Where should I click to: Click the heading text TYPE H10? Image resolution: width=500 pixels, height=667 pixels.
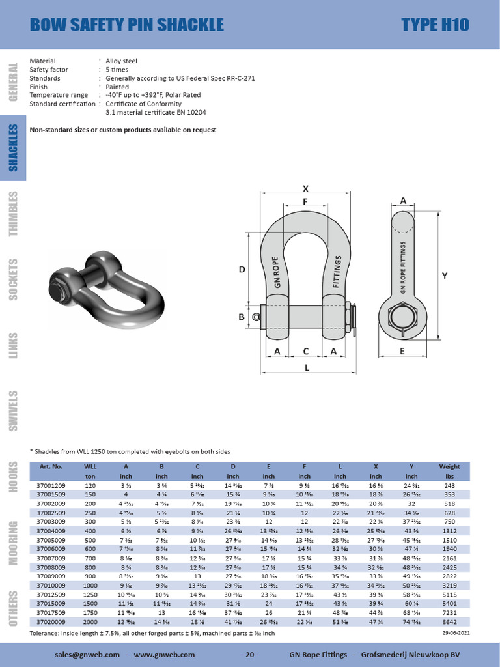point(435,25)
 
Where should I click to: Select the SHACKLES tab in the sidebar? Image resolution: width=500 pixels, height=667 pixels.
point(13,148)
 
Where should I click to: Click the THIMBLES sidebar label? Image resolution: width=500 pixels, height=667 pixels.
point(13,214)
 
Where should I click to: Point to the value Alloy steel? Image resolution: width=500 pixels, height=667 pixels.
point(121,61)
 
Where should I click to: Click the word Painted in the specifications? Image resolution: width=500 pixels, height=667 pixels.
point(117,87)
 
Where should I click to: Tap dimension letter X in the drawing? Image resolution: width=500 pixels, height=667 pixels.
point(305,188)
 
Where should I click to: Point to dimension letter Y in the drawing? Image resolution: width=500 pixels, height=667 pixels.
point(445,276)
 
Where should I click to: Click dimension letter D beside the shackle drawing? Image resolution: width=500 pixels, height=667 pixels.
point(241,269)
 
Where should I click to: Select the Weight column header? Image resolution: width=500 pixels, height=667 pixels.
point(449,466)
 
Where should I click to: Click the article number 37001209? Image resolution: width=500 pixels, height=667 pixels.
point(51,486)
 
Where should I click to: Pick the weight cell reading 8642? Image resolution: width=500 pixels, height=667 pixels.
point(449,621)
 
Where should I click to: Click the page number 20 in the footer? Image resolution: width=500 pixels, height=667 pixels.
point(250,654)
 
